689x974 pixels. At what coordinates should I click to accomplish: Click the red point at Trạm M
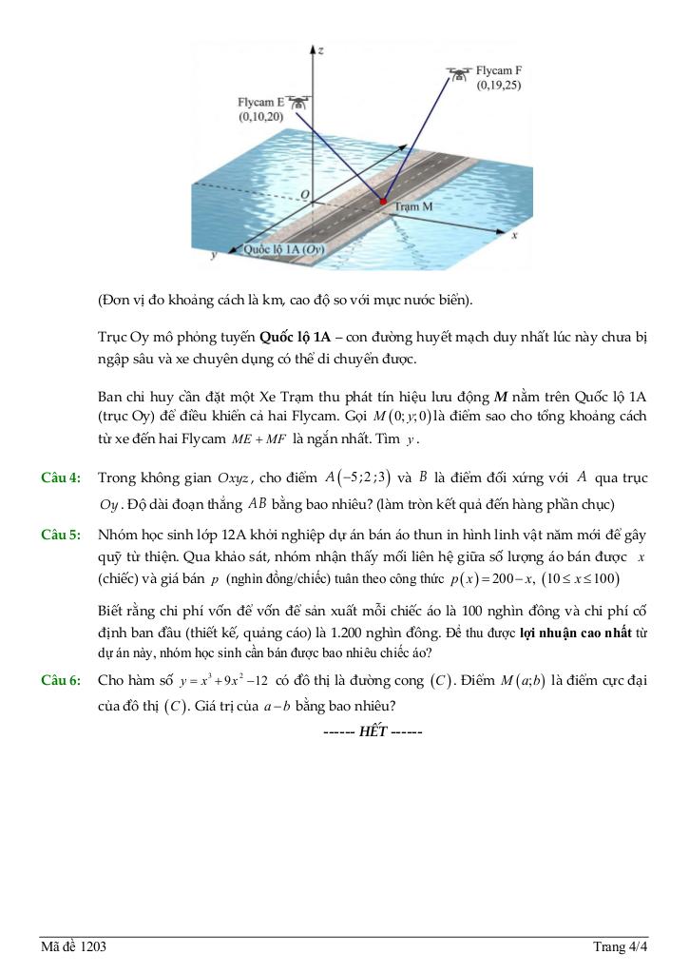pyautogui.click(x=383, y=202)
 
